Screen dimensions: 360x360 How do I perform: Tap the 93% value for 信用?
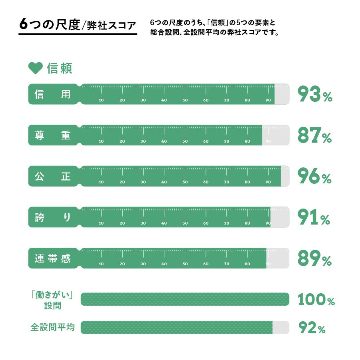315,94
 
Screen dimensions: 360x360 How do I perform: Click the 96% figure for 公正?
314,176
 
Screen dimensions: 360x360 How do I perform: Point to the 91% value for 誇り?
314,217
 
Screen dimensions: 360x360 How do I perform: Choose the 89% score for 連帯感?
314,259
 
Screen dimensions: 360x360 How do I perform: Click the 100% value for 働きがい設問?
316,300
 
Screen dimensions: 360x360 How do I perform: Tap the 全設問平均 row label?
52,328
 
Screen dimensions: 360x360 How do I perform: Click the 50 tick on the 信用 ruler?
185,100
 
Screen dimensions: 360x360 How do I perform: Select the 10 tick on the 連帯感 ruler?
101,264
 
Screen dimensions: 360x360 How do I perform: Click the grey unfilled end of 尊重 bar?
275,135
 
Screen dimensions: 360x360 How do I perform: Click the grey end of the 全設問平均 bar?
280,328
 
